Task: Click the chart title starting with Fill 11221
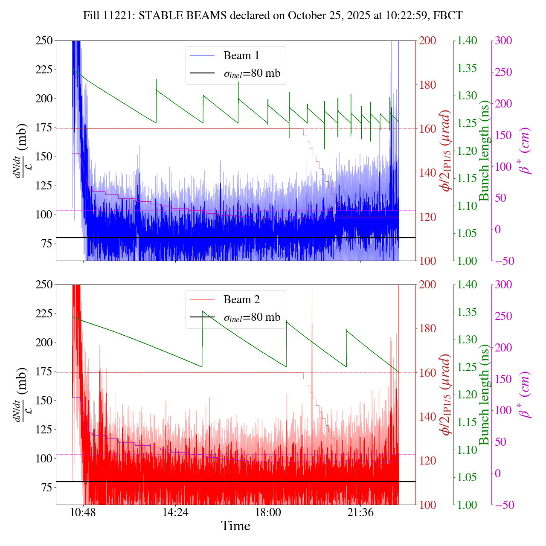click(x=273, y=16)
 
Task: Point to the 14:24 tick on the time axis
click(x=175, y=512)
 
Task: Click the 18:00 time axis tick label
click(x=268, y=512)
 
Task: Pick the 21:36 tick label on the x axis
click(x=360, y=512)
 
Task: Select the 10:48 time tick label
click(x=83, y=512)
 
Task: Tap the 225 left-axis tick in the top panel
click(x=44, y=70)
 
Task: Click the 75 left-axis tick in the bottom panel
click(x=46, y=488)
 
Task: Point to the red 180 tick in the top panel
click(x=428, y=85)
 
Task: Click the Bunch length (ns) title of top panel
click(x=484, y=151)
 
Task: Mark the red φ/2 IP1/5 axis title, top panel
click(x=446, y=151)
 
